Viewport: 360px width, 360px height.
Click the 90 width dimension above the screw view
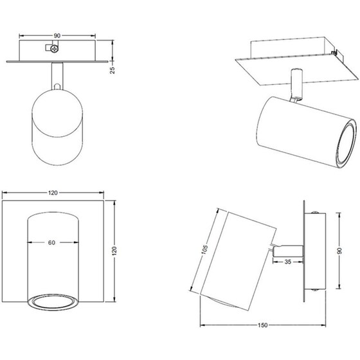(57, 35)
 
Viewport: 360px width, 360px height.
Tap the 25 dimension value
(113, 70)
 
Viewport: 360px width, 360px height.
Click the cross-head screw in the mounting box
(55, 49)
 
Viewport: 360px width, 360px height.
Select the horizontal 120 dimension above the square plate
(53, 193)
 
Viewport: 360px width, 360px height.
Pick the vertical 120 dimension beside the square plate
(114, 251)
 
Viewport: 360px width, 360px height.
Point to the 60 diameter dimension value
(51, 242)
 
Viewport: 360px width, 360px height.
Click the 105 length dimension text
(204, 249)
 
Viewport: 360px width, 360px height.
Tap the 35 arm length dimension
(288, 262)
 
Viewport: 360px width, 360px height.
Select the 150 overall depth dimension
(262, 325)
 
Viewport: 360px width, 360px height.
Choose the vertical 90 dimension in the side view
(340, 251)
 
